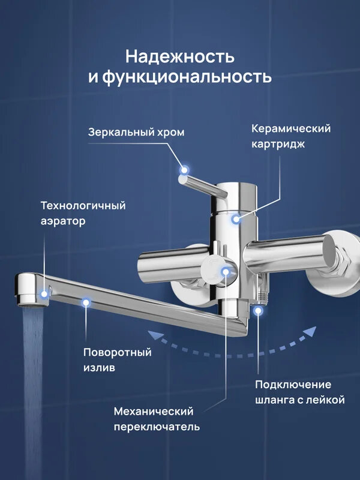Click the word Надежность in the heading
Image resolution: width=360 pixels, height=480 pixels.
[x=180, y=57]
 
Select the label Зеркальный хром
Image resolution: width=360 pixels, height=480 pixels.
[x=136, y=133]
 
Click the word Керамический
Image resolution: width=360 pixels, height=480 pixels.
[x=291, y=128]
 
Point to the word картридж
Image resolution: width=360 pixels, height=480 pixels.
[x=278, y=144]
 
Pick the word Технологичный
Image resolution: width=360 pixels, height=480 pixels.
[x=83, y=206]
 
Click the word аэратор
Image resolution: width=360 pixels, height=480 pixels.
[x=63, y=221]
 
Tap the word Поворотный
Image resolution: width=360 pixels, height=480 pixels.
[x=118, y=352]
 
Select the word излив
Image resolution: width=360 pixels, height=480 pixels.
[x=99, y=367]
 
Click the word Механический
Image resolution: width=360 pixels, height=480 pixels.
[x=154, y=412]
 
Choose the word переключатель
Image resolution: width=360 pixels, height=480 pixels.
[x=157, y=427]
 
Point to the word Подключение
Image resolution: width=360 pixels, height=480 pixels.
[x=293, y=384]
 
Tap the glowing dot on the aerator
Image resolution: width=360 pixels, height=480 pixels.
[x=44, y=293]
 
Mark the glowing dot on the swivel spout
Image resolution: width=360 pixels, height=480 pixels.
[x=86, y=302]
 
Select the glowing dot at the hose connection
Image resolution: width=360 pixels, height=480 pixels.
[x=258, y=310]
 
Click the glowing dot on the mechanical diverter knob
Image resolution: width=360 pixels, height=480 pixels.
[x=226, y=272]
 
